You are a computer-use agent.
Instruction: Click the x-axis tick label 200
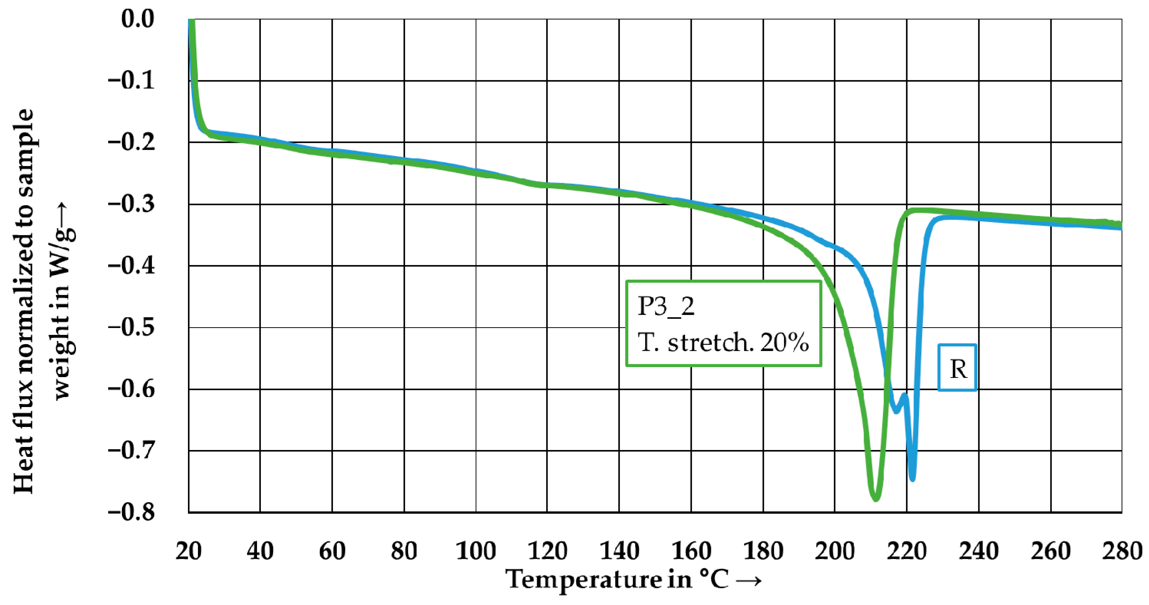point(835,551)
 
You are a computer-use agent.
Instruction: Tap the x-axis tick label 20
point(188,551)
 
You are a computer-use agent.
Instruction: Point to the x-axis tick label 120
point(547,551)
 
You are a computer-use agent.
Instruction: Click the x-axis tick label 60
point(332,551)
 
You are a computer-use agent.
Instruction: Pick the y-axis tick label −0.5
point(131,328)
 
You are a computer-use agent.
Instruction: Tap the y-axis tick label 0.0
point(137,19)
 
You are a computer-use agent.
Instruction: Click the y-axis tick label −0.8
point(131,512)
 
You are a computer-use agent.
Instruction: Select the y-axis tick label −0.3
point(131,204)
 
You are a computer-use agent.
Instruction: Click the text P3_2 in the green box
point(666,307)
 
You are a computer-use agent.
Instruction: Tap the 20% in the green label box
point(785,343)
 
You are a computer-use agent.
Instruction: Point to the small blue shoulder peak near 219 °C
point(904,395)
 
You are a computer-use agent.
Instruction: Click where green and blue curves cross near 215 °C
point(887,378)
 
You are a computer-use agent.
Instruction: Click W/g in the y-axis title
point(63,250)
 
